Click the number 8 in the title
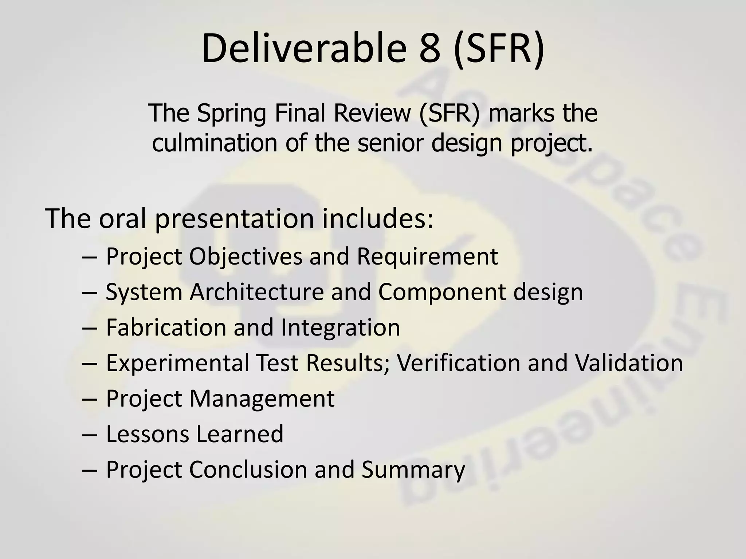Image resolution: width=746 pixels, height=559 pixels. point(429,48)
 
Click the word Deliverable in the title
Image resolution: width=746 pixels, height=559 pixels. point(303,48)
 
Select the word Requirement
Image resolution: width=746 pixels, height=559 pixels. point(427,257)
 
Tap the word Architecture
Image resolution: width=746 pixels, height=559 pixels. point(256,292)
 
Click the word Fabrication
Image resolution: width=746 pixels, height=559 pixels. point(166,327)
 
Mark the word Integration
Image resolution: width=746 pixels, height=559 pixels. point(341,328)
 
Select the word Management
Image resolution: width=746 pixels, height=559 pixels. point(262,399)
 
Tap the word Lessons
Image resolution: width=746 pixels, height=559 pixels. point(148,434)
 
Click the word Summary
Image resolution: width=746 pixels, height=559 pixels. point(413,470)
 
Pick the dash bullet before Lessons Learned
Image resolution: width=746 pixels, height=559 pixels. point(90,435)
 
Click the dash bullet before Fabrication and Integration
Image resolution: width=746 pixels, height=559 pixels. point(90,328)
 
